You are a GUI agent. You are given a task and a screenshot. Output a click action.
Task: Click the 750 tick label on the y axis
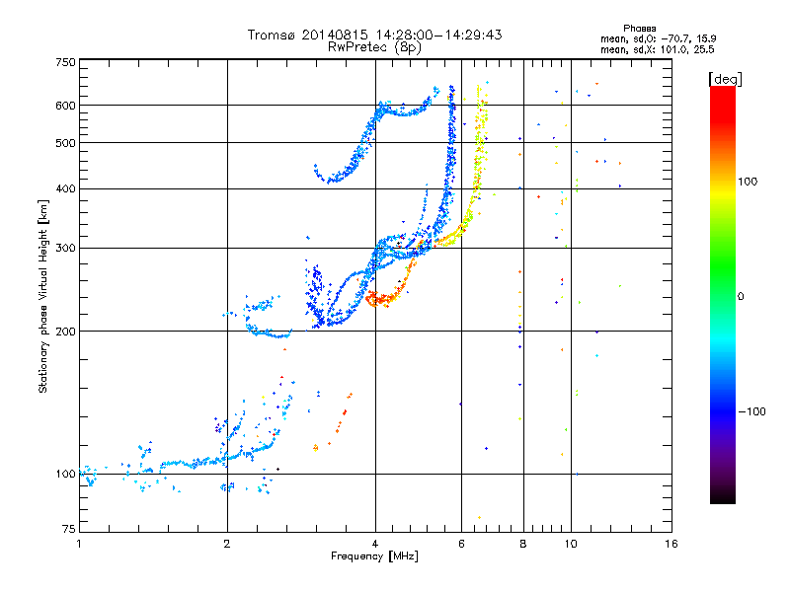65,62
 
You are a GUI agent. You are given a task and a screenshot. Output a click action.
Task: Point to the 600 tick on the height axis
65,105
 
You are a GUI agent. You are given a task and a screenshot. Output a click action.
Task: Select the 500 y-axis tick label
65,142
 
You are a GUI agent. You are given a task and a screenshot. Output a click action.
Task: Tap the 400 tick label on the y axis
65,188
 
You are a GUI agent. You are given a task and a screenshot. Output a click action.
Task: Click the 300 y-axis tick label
65,248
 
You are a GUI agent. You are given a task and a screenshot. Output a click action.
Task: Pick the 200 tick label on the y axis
65,331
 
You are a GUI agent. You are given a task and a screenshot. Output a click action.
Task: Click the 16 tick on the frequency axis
671,544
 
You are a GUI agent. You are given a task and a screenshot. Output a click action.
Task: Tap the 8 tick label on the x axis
523,544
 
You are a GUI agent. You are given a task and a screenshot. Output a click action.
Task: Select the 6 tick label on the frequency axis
461,544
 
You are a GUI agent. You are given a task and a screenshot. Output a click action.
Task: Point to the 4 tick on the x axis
375,544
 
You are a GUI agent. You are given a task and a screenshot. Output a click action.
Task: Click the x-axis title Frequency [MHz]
374,557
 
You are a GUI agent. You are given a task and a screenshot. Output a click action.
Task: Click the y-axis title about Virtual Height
43,296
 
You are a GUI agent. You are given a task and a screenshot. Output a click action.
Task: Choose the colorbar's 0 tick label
741,296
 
